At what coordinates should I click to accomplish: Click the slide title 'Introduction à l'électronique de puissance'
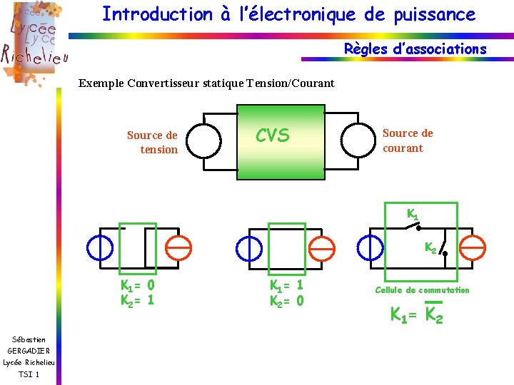pyautogui.click(x=288, y=14)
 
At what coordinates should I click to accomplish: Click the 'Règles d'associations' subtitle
pyautogui.click(x=415, y=49)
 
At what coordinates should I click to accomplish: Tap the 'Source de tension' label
pyautogui.click(x=152, y=142)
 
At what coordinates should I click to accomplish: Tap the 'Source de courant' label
pyautogui.click(x=407, y=140)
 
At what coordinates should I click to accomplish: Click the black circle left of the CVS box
pyautogui.click(x=204, y=140)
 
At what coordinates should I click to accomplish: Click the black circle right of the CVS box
pyautogui.click(x=358, y=140)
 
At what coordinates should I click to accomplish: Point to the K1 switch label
pyautogui.click(x=413, y=213)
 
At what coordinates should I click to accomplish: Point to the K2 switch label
pyautogui.click(x=431, y=248)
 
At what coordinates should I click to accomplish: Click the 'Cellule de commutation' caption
pyautogui.click(x=423, y=290)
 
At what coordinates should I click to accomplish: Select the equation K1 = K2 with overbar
pyautogui.click(x=416, y=314)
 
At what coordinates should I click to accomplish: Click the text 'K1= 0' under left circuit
pyautogui.click(x=137, y=285)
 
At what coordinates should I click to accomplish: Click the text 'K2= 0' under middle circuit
pyautogui.click(x=286, y=301)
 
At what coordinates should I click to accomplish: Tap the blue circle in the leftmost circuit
pyautogui.click(x=99, y=247)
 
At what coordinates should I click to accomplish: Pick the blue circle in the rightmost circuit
pyautogui.click(x=370, y=247)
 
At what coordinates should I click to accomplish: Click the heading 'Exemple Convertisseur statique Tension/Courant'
pyautogui.click(x=206, y=83)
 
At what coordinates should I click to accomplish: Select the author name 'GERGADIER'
pyautogui.click(x=29, y=351)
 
